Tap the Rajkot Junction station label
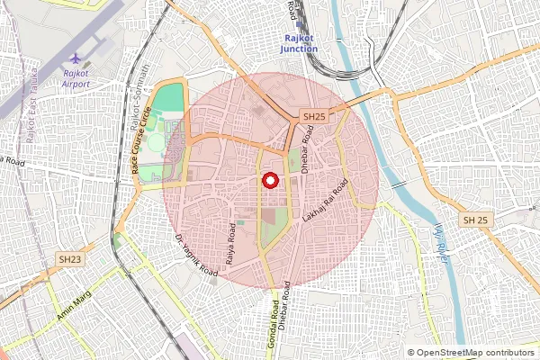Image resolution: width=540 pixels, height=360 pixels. pyautogui.click(x=298, y=44)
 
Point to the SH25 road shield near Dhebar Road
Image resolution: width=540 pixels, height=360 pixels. pyautogui.click(x=313, y=117)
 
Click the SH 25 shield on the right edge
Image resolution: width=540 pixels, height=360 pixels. pyautogui.click(x=475, y=220)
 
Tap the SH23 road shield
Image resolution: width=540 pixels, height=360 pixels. pyautogui.click(x=69, y=258)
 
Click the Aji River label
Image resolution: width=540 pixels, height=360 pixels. pyautogui.click(x=440, y=240)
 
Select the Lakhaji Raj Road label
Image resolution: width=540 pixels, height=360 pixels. pyautogui.click(x=326, y=202)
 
